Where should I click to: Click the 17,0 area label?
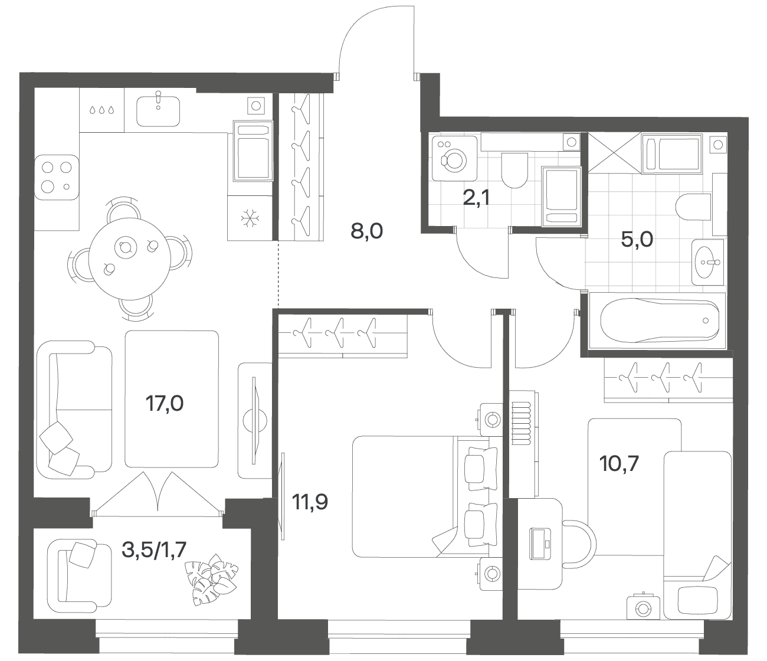pos(165,404)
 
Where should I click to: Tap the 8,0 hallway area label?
pos(366,231)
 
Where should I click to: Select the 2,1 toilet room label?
pos(477,198)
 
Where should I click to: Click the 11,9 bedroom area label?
pos(310,502)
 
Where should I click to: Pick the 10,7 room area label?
pos(619,464)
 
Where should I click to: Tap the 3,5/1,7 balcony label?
pos(154,550)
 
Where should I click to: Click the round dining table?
pos(129,258)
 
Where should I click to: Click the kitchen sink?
pos(158,110)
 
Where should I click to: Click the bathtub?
pos(657,320)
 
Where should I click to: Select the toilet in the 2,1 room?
pos(514,171)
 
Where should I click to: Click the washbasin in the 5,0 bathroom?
pos(707,262)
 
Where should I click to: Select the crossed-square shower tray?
pos(615,152)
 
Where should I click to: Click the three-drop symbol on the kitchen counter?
pos(102,110)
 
